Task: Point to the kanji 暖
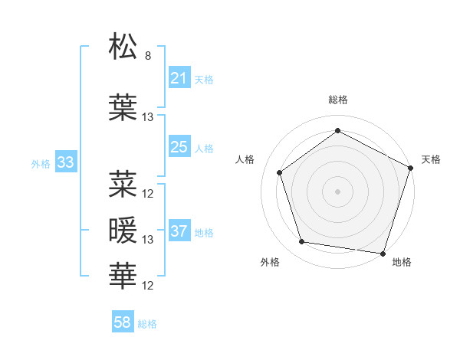coord(123,230)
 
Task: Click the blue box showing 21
coord(179,78)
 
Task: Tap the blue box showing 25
coord(179,147)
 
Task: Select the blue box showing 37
coord(179,231)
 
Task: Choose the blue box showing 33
coord(65,162)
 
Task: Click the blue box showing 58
coord(123,323)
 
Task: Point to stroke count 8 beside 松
coord(148,56)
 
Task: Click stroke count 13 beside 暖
coord(148,240)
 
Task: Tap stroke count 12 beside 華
coord(148,286)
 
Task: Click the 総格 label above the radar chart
coord(337,100)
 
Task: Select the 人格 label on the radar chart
coord(245,159)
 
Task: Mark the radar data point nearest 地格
coord(383,253)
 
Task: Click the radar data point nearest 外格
coord(302,242)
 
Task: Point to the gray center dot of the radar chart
coord(337,191)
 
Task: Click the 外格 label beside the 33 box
coord(41,163)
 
